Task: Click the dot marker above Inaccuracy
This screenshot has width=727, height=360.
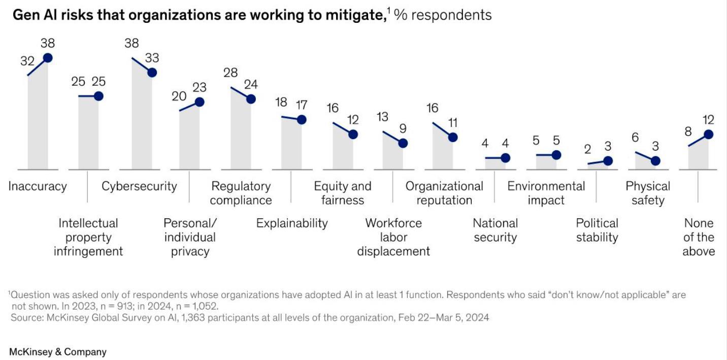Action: pyautogui.click(x=48, y=58)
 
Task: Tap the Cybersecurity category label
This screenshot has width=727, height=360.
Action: pyautogui.click(x=139, y=186)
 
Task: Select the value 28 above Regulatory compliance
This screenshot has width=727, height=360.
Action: pyautogui.click(x=230, y=73)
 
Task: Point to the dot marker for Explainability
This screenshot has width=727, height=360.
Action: pyautogui.click(x=302, y=120)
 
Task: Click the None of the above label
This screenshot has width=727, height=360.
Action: pyautogui.click(x=699, y=237)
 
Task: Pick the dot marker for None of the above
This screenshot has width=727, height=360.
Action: pyautogui.click(x=709, y=135)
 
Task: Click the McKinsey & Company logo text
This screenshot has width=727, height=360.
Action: pyautogui.click(x=58, y=352)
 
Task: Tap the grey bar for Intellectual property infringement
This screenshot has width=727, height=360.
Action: pyautogui.click(x=88, y=133)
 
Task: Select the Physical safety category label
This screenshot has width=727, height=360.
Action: pyautogui.click(x=648, y=193)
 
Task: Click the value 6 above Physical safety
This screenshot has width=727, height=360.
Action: pyautogui.click(x=635, y=138)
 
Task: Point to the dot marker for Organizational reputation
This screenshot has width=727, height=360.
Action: pyautogui.click(x=453, y=137)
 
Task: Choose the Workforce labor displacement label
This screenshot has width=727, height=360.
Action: pyautogui.click(x=393, y=237)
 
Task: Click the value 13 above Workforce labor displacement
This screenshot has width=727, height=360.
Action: pyautogui.click(x=382, y=117)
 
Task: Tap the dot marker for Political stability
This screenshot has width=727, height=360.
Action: pyautogui.click(x=608, y=161)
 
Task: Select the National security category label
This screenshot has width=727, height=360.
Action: pyautogui.click(x=495, y=230)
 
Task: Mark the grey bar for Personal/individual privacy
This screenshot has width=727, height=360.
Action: pyautogui.click(x=189, y=138)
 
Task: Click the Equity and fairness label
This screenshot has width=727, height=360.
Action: pyautogui.click(x=343, y=193)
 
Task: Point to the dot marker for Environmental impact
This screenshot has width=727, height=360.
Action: pyautogui.click(x=556, y=155)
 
